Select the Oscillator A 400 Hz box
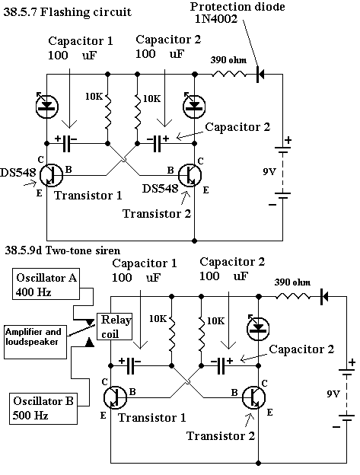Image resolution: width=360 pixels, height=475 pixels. coord(46,284)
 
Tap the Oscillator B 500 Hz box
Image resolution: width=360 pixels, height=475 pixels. coord(43,408)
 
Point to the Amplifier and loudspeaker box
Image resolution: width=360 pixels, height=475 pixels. coord(35,342)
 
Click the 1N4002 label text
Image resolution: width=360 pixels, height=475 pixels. coord(216,19)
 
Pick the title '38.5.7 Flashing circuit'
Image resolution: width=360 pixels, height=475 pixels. coord(67,12)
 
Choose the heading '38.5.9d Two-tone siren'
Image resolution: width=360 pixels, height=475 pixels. coord(62,250)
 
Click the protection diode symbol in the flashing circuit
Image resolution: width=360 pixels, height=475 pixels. coord(260,74)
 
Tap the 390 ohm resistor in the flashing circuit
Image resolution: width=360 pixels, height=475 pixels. coord(228,74)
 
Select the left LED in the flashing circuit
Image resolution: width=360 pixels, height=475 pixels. coord(46,106)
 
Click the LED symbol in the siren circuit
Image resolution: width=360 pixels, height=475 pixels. coord(258,328)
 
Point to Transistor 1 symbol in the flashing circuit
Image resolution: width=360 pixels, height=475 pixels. coord(52,175)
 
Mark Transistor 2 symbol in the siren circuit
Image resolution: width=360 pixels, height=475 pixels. coord(253,397)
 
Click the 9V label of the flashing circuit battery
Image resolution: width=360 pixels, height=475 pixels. coord(269,172)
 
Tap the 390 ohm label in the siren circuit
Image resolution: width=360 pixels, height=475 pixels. coord(292,282)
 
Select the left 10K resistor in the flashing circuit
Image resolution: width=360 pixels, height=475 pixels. coord(107,110)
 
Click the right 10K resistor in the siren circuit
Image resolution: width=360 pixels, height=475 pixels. coord(202,333)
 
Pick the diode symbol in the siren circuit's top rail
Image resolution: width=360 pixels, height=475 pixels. coord(324,297)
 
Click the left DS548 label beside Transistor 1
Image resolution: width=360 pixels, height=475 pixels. coord(18,172)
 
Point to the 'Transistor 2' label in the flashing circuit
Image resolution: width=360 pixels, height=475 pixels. coord(157,214)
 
